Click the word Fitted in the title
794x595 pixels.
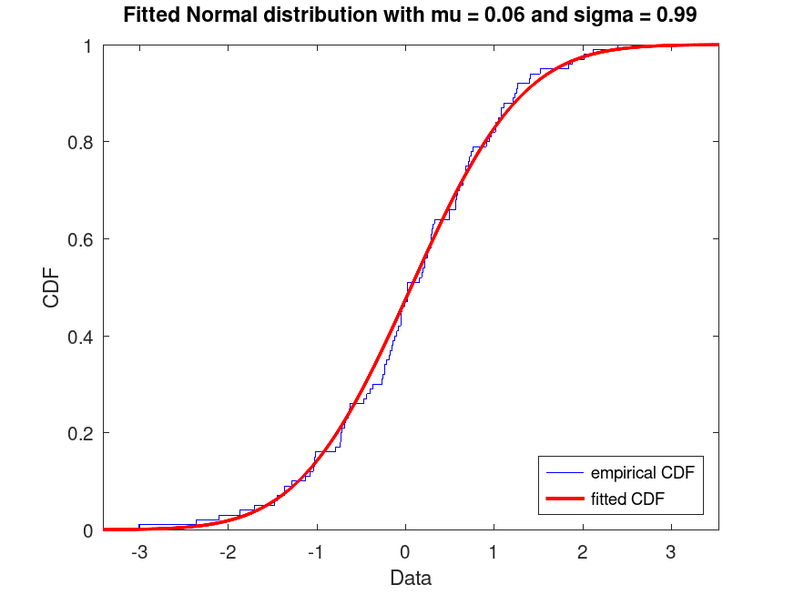[150, 15]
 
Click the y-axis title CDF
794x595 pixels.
[52, 287]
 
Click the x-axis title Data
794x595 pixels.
[410, 578]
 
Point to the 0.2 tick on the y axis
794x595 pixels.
[82, 433]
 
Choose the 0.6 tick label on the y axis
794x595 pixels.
[82, 239]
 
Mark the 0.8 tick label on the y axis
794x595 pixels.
[82, 142]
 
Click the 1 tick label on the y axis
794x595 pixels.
[88, 45]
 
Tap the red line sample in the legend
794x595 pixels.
[564, 498]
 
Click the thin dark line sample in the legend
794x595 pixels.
[564, 473]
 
